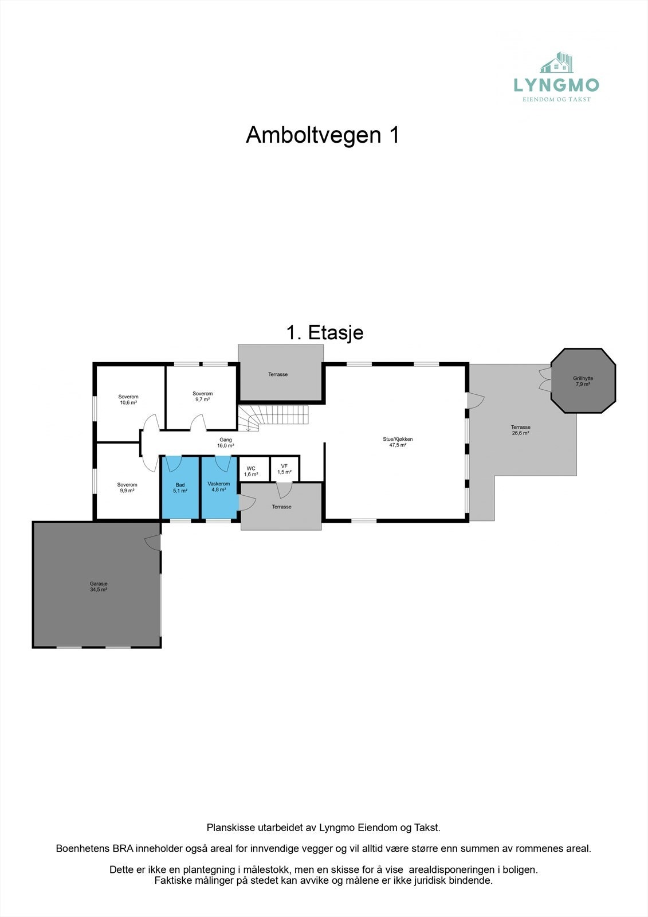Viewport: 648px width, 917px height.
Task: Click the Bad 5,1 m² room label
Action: point(180,488)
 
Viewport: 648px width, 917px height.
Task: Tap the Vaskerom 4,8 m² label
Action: point(218,487)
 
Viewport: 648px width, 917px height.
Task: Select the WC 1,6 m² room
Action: point(251,471)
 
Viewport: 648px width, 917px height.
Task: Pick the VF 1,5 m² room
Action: point(284,469)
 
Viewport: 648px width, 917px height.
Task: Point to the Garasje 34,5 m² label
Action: point(99,586)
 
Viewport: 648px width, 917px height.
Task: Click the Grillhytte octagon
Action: point(583,381)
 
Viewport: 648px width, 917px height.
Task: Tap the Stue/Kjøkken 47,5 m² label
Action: point(398,442)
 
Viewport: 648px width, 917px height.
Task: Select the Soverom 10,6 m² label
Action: point(128,399)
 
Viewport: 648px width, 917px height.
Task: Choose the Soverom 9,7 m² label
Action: point(202,396)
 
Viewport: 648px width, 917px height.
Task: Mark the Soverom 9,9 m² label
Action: point(127,488)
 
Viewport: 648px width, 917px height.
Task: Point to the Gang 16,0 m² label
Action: point(226,442)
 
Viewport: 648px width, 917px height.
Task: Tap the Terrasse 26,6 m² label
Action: point(520,430)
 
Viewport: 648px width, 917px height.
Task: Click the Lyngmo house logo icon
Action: point(557,62)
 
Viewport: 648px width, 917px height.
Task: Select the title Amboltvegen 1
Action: point(323,135)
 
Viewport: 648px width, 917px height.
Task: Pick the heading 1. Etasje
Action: point(324,332)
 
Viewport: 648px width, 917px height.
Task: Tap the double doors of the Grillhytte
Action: point(545,379)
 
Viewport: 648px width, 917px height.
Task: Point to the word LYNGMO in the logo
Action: point(556,85)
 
